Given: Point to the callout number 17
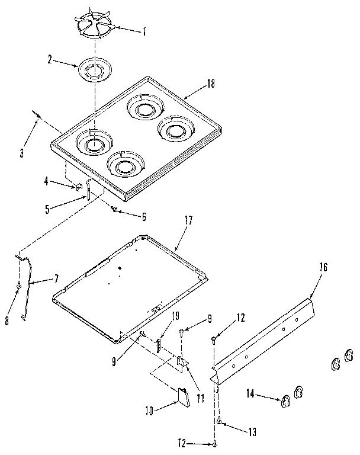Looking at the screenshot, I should click(x=188, y=220).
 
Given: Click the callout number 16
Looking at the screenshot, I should click(x=323, y=267).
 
